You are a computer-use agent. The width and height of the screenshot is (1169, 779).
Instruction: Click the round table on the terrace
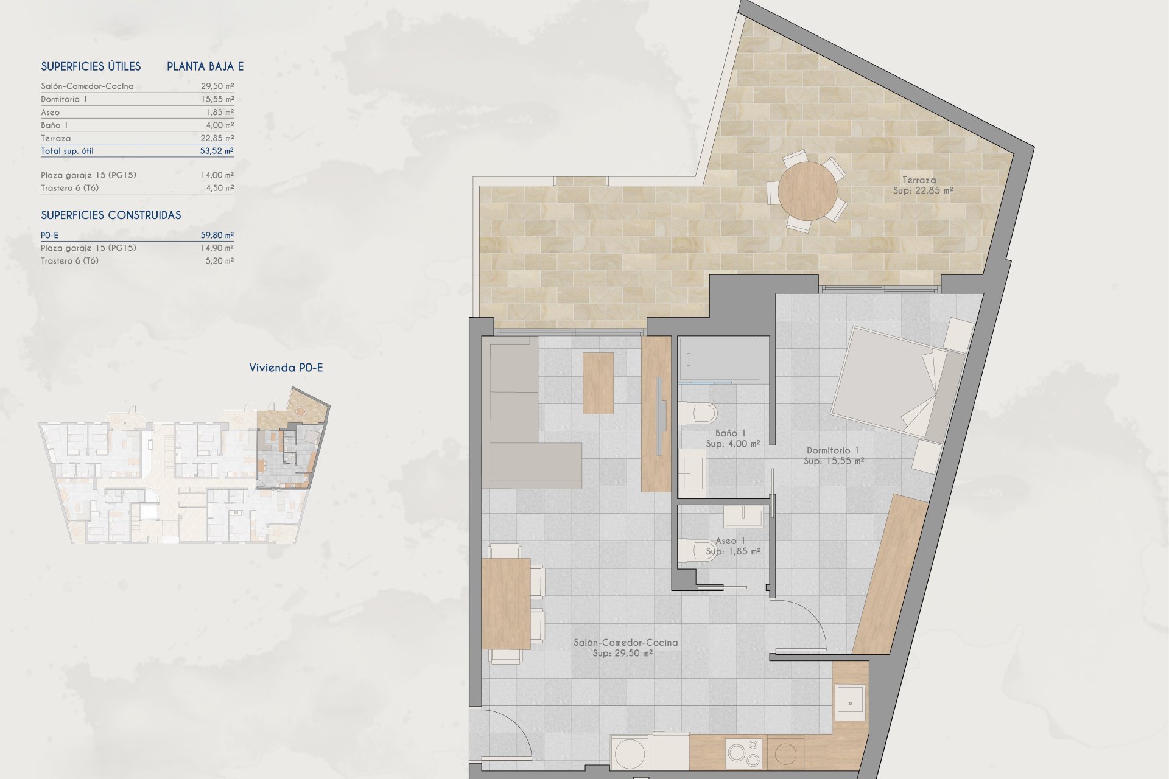pos(807,191)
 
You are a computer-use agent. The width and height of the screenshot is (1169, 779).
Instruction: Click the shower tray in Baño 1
pos(719,358)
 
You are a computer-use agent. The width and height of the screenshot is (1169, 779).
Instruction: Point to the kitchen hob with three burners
pos(743,752)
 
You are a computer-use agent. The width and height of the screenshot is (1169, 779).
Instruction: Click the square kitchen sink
pos(849,702)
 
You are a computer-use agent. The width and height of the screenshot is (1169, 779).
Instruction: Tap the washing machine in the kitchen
pos(631,753)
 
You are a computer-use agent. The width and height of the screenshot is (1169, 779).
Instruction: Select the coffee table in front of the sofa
pos(598,383)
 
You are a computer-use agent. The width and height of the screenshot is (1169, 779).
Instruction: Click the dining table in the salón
pos(506,604)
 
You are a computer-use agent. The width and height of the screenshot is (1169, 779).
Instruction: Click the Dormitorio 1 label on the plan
pos(833,456)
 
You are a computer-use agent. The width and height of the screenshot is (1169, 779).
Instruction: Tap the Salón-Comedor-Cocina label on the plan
pos(625,648)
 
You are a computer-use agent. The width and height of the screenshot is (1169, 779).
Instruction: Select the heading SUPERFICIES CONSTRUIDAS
pos(111,215)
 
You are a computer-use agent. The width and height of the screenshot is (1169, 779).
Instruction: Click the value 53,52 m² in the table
pos(217,151)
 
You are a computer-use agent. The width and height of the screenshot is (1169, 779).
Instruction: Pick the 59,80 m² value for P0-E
pos(217,235)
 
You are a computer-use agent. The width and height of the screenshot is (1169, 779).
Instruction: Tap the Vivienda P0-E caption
pos(286,368)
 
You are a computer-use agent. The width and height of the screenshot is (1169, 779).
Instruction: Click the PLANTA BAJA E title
pos(205,66)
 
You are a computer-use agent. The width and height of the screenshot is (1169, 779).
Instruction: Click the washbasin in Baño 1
pos(692,469)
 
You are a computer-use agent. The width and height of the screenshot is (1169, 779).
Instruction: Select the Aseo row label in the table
pos(51,113)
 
